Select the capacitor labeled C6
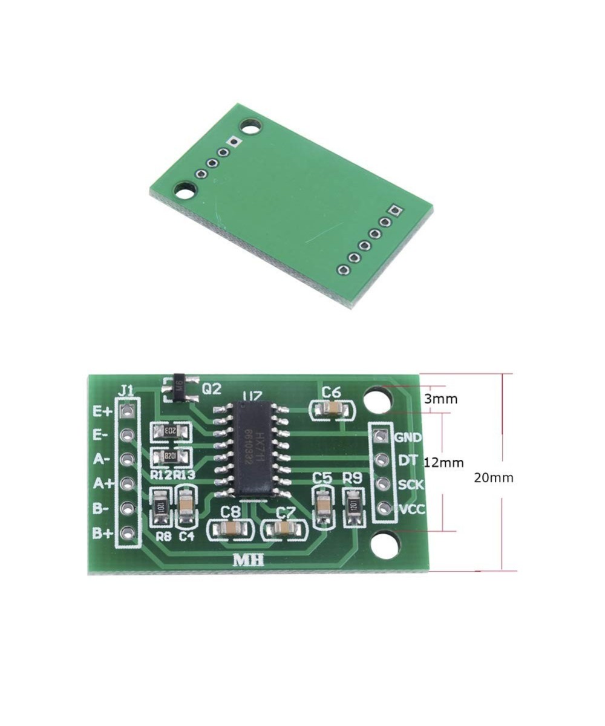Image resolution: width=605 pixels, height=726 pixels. point(331,410)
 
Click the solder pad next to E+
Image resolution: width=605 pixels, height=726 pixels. point(126,411)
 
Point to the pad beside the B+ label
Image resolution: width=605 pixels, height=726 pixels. point(126,533)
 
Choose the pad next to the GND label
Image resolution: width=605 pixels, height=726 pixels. point(381,436)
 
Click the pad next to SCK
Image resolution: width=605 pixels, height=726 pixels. point(381,484)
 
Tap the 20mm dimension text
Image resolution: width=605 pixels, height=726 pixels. point(493,478)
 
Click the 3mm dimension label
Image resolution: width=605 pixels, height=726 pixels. point(440,399)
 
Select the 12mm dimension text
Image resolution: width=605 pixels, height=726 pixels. point(443,463)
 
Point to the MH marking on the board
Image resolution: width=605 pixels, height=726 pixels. point(249,560)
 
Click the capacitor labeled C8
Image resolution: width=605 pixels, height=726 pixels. point(231,530)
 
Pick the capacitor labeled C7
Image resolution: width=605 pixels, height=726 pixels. point(284,531)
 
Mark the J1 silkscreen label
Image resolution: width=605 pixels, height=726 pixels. point(126,391)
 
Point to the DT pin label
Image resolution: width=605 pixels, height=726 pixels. point(407,460)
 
